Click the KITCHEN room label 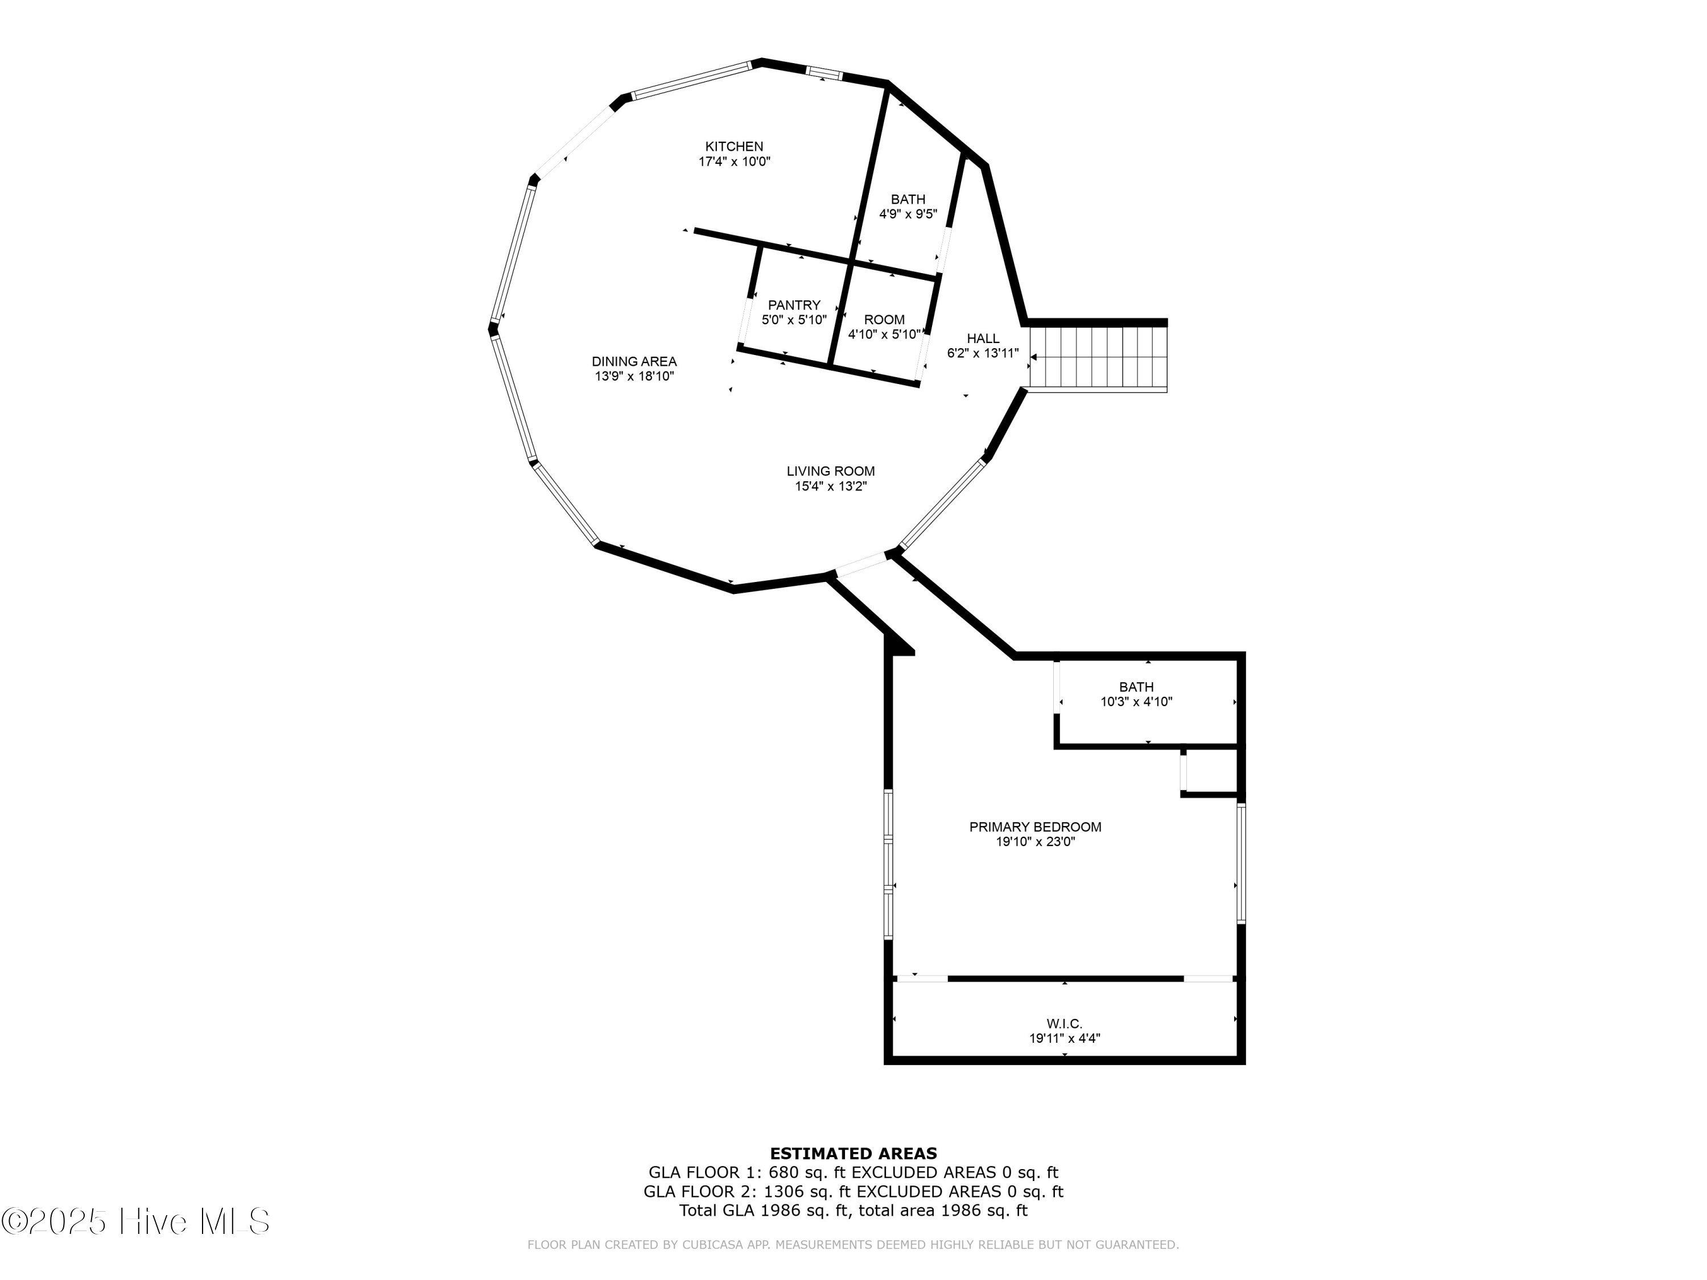[x=734, y=147]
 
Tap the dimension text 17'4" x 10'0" [x=734, y=162]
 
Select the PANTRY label [x=794, y=305]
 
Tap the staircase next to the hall [x=1098, y=357]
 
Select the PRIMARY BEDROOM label [x=1035, y=827]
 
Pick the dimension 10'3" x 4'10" [x=1136, y=702]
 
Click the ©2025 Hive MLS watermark [x=136, y=1221]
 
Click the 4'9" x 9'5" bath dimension [x=908, y=214]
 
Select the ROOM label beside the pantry [x=884, y=319]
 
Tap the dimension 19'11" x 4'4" [x=1064, y=1038]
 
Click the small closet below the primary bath [x=1210, y=770]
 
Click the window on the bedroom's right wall [x=1240, y=864]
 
